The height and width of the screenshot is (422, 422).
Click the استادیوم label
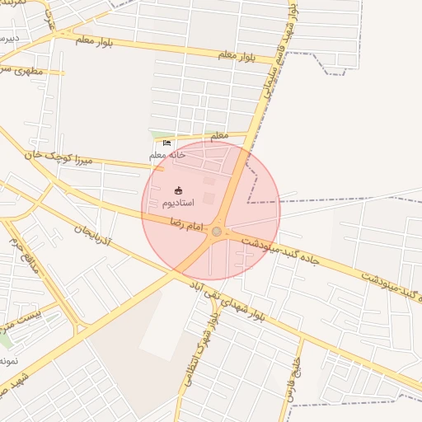[178, 203]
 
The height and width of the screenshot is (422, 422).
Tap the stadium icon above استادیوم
[178, 191]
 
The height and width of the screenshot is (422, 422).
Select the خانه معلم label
[167, 154]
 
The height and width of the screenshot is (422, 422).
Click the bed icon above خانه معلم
[167, 143]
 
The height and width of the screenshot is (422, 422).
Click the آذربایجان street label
[99, 237]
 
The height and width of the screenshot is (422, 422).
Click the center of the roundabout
[217, 232]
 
